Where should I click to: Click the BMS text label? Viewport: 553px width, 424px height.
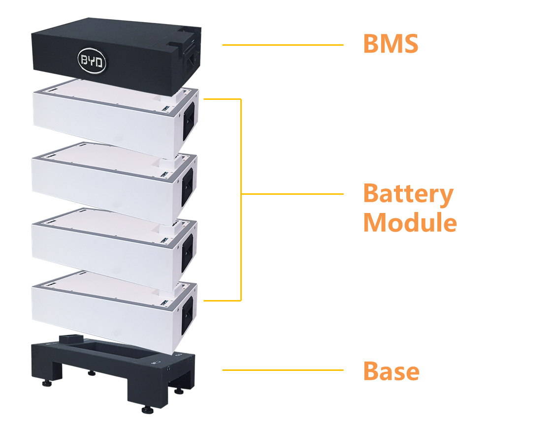[390, 44]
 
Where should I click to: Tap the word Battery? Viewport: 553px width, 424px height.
[408, 194]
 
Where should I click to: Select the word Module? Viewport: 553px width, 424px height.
[410, 223]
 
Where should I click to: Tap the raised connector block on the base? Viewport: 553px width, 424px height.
[72, 339]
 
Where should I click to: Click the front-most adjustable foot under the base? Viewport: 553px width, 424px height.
[146, 409]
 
